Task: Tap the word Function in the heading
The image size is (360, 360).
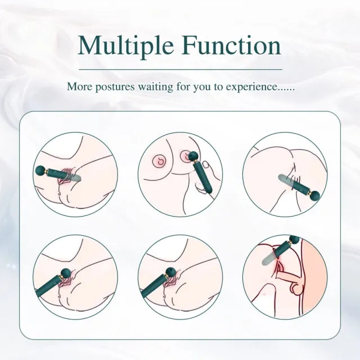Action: [232, 45]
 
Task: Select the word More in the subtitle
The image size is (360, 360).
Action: [79, 87]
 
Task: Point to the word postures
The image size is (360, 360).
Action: [115, 88]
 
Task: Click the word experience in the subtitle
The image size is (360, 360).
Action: [251, 87]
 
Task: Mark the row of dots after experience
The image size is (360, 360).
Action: [286, 90]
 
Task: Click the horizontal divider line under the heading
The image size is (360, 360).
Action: [181, 69]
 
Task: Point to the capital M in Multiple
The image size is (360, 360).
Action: [91, 45]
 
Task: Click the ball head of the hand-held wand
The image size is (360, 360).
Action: [193, 156]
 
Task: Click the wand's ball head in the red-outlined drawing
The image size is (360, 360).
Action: [295, 240]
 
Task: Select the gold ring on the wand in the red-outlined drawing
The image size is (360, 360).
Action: [287, 245]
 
